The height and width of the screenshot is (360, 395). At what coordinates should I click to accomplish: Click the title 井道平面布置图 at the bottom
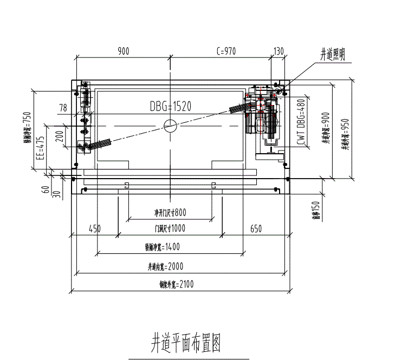click(x=185, y=343)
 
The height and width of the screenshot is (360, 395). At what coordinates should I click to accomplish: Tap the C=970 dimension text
click(x=226, y=51)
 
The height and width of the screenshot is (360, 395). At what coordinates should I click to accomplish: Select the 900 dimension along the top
click(x=123, y=51)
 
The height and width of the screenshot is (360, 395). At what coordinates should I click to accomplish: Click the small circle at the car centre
click(x=170, y=126)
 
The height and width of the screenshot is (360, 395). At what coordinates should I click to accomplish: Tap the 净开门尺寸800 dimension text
click(x=170, y=212)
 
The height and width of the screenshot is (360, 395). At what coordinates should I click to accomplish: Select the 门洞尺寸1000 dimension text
click(x=170, y=228)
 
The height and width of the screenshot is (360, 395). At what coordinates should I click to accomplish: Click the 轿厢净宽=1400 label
click(x=162, y=247)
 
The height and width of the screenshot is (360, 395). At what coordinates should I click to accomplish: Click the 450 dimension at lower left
click(x=95, y=229)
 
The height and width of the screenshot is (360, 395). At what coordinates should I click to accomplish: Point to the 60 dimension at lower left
click(x=46, y=189)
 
